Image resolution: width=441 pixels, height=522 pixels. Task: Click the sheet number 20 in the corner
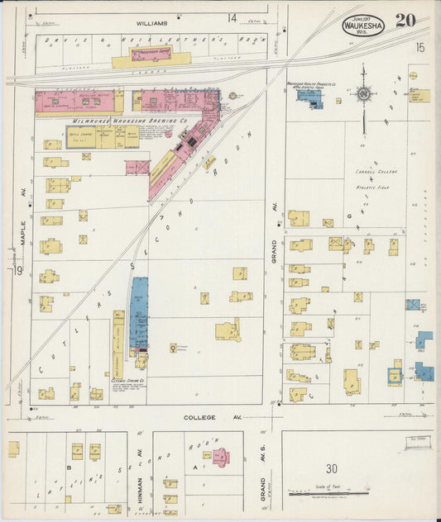(405, 21)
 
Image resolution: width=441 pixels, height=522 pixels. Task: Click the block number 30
(331, 467)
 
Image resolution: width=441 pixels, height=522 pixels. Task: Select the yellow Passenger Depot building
(151, 59)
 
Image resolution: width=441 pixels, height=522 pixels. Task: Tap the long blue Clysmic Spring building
(139, 314)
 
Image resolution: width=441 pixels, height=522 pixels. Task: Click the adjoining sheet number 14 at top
(232, 17)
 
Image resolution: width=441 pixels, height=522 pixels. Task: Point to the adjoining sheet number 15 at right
(419, 49)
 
